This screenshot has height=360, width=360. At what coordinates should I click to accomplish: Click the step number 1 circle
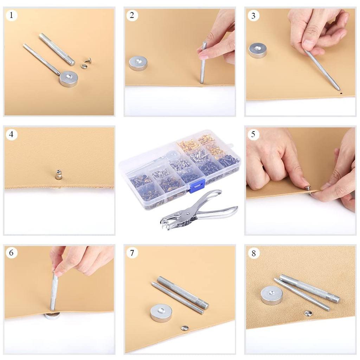tap(12, 15)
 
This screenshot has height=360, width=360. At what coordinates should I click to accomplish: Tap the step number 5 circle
tap(253, 135)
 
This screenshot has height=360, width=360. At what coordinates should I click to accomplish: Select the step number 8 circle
tap(253, 253)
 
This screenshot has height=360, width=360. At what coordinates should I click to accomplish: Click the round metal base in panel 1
tap(68, 78)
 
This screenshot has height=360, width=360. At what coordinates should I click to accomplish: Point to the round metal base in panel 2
tap(138, 63)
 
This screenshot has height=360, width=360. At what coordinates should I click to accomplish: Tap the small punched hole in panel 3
tap(341, 94)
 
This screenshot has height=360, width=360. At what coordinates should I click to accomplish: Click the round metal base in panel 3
tap(258, 50)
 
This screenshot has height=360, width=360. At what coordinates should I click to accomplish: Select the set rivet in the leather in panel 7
tap(184, 328)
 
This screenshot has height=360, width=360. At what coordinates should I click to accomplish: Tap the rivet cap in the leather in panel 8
tap(309, 312)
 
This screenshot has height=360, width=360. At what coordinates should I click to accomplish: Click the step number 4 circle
tap(12, 135)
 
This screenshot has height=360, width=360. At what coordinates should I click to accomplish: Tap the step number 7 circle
tap(132, 253)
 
